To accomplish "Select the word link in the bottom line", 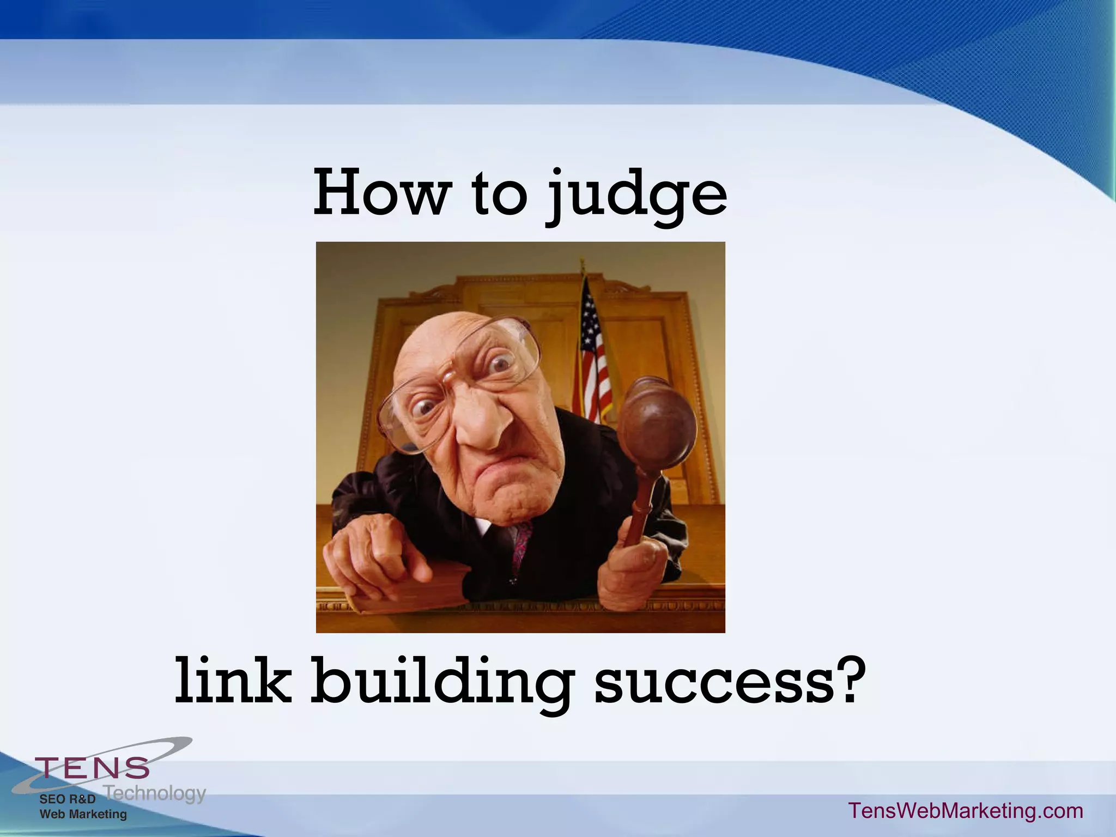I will click(233, 681).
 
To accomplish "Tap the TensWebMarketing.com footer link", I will click(966, 810).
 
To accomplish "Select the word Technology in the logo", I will click(155, 793).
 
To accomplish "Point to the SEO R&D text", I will click(68, 799).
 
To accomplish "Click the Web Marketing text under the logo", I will click(83, 814).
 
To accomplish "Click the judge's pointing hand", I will click(376, 556).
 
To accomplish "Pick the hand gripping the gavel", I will click(632, 572).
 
